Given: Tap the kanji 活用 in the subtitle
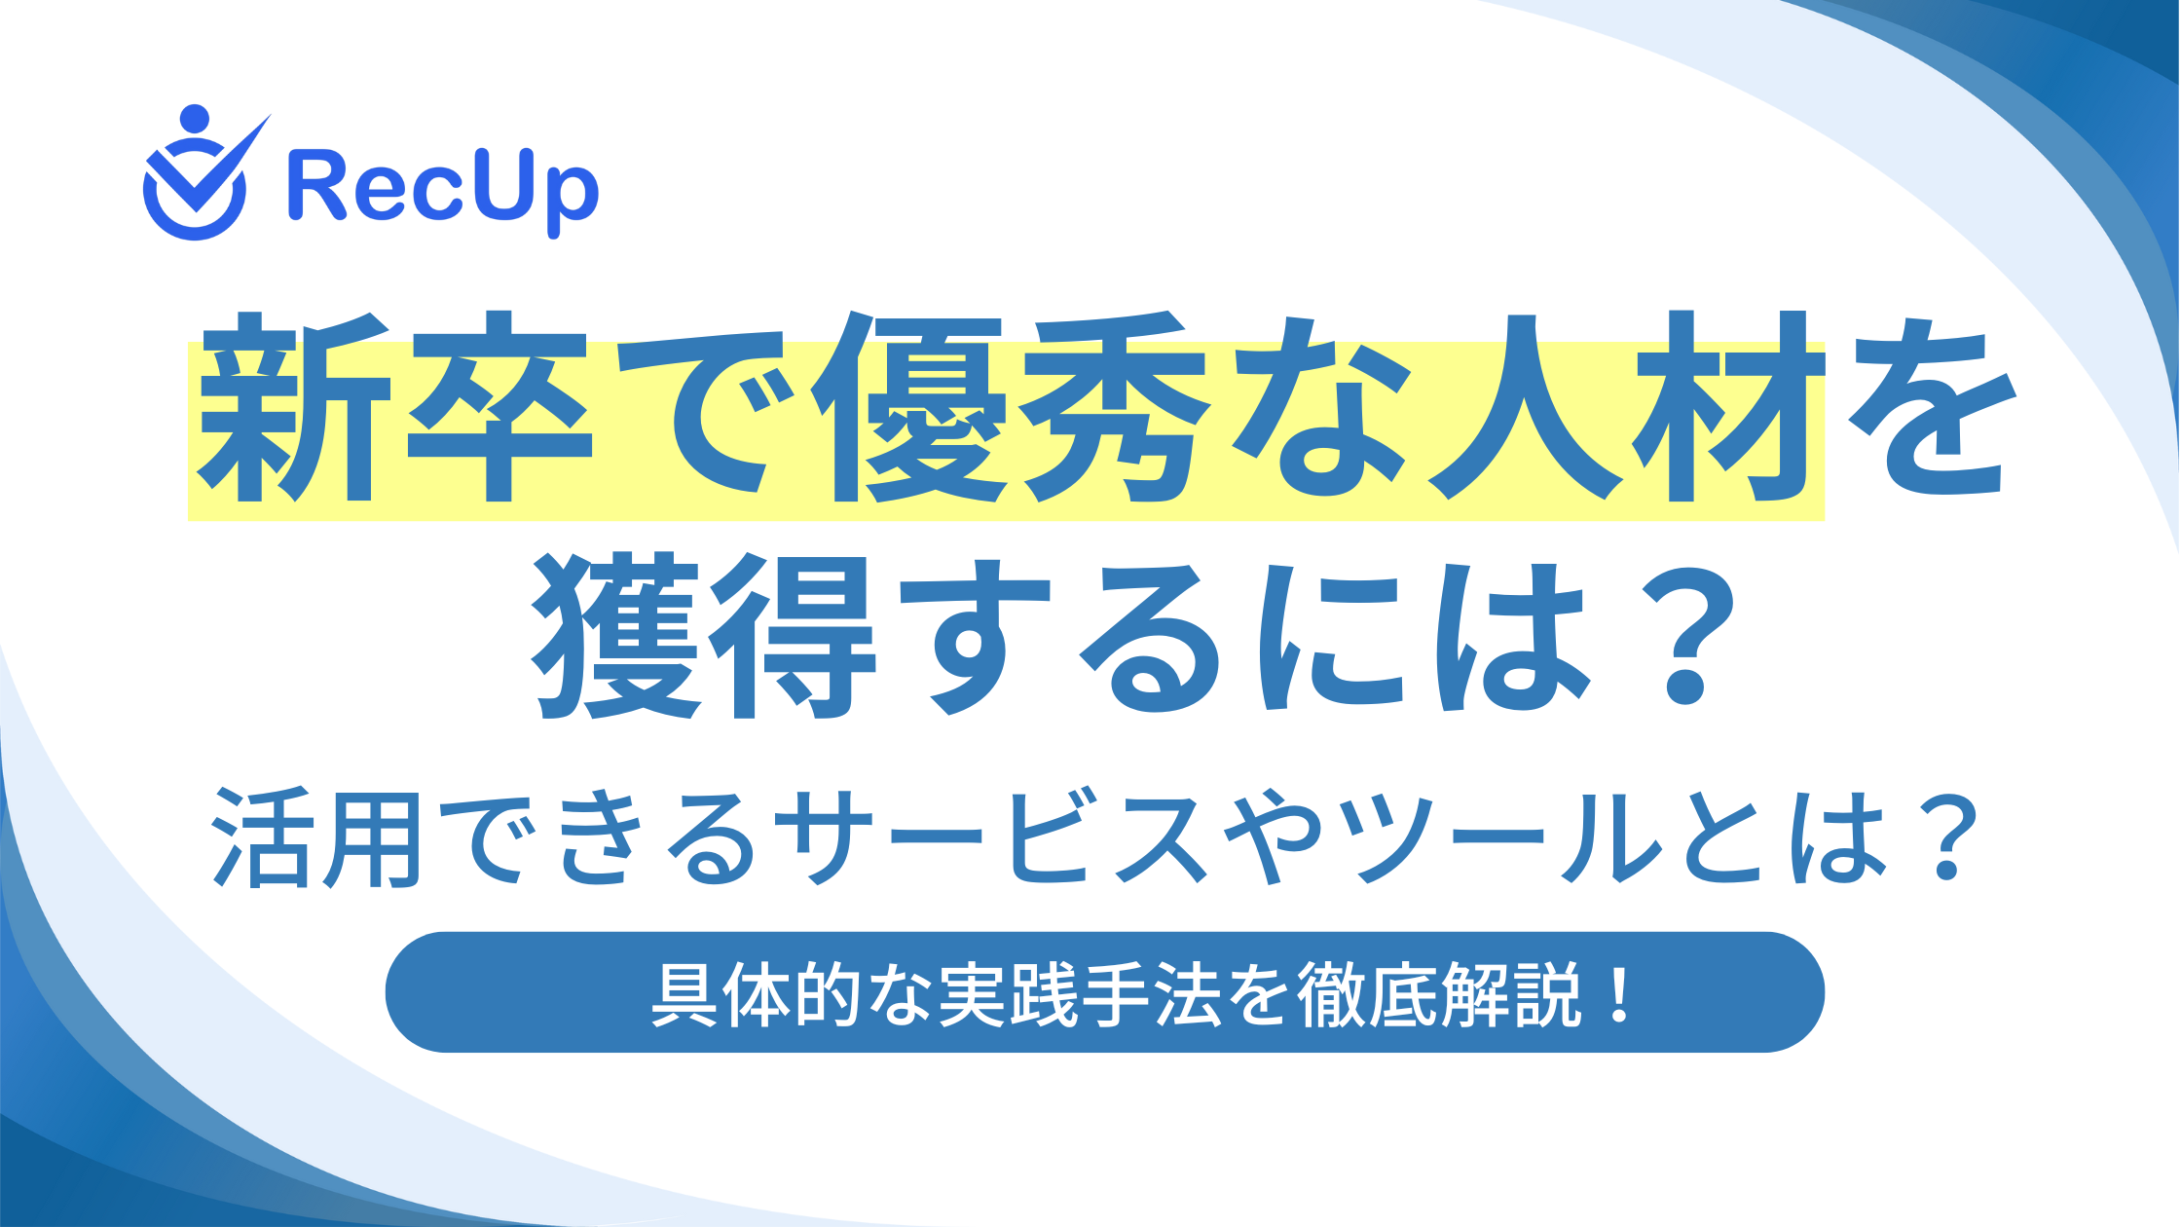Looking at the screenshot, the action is [317, 839].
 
